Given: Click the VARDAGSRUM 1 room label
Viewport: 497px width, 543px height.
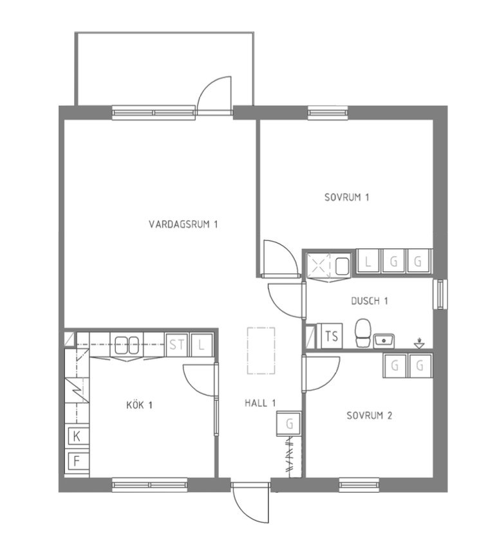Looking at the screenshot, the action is click(183, 225).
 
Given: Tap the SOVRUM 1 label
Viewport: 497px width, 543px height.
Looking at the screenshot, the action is click(346, 198).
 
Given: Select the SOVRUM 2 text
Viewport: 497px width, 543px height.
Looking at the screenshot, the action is click(369, 415).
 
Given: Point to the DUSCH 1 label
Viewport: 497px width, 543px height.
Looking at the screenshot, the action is click(370, 301).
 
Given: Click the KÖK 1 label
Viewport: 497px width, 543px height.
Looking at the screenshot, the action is click(139, 405).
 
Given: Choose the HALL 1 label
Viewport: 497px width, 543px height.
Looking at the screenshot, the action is click(260, 403).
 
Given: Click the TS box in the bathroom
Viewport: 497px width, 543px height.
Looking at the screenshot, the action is click(332, 336).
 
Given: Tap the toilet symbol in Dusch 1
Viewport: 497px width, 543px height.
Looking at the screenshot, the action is click(363, 333).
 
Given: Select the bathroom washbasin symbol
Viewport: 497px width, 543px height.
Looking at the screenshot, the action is click(384, 341).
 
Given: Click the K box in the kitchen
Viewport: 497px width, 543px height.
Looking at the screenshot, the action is click(77, 436).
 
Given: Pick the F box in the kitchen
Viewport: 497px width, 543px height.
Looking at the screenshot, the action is click(77, 461).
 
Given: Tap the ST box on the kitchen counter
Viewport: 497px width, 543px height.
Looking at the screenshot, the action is click(177, 345).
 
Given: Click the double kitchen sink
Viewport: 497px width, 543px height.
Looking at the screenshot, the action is click(127, 345).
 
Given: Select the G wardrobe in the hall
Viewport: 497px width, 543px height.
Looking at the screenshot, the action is click(289, 423).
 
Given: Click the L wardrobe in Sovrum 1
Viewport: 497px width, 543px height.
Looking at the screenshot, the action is click(368, 261).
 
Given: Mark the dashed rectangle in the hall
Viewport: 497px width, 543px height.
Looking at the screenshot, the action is click(261, 351).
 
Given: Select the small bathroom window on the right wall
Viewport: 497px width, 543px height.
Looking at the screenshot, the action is click(440, 294).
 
